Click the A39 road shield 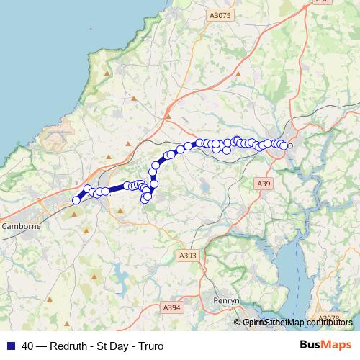tap(264, 184)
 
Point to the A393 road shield tap(186, 256)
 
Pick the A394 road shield tap(171, 307)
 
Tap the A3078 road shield tap(328, 318)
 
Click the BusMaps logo tap(325, 345)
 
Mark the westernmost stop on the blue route tap(76, 201)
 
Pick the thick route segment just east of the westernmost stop tap(82, 195)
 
